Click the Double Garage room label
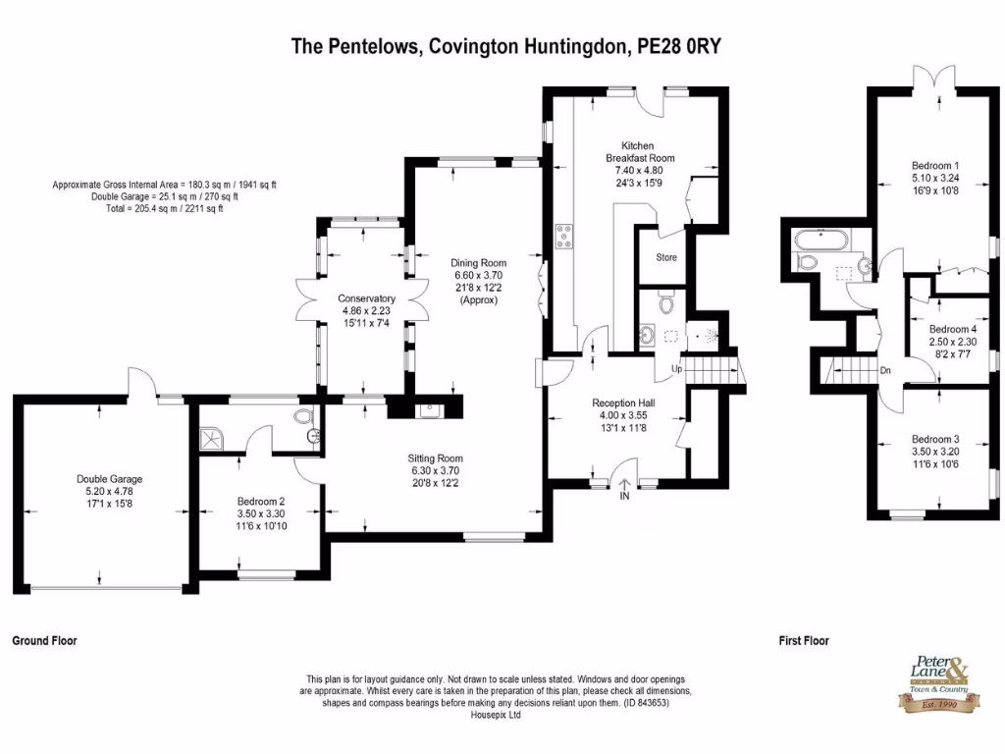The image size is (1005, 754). click(103, 479)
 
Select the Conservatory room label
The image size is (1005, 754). click(366, 298)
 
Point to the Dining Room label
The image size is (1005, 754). click(479, 263)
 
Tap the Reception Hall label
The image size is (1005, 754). click(623, 403)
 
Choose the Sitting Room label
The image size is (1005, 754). click(435, 458)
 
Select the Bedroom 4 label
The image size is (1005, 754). click(952, 329)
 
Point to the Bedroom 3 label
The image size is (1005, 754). click(934, 439)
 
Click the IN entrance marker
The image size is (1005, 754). click(624, 497)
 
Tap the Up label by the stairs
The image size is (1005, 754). click(676, 369)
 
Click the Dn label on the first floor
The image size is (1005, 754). click(884, 370)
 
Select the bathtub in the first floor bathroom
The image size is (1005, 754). click(817, 238)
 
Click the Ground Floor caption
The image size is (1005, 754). click(44, 640)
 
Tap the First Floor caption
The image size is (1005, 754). click(804, 640)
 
